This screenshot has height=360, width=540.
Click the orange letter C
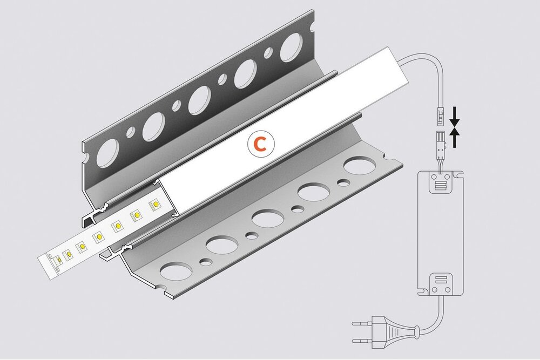(x=260, y=144)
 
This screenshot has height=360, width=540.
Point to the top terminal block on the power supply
(x=441, y=182)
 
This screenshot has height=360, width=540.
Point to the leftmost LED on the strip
(x=57, y=260)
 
